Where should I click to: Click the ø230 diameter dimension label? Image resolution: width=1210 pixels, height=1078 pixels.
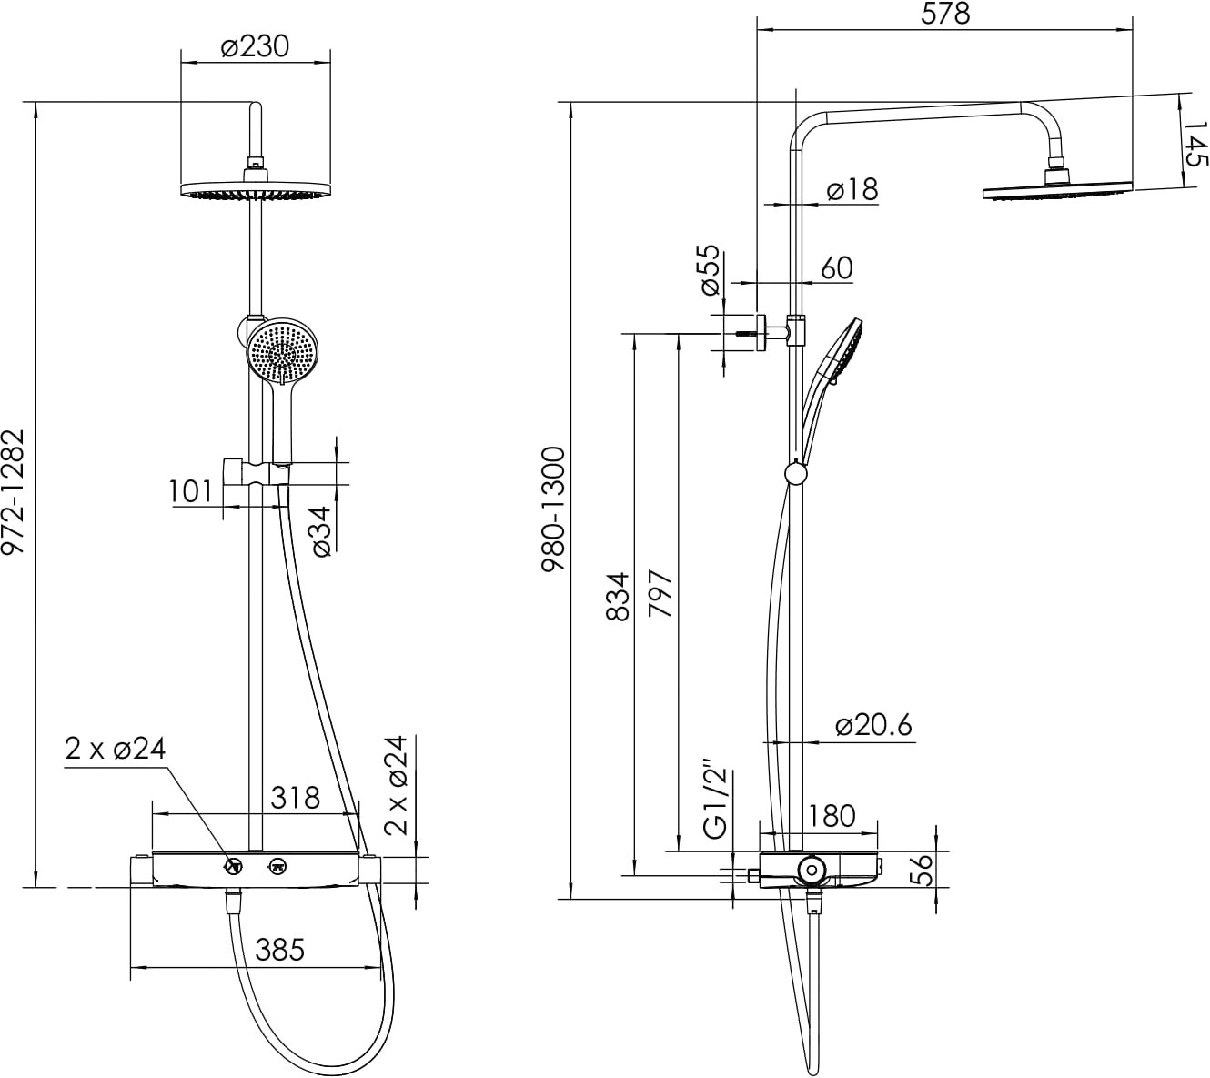255,46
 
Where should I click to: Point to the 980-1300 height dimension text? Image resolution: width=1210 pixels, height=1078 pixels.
553,509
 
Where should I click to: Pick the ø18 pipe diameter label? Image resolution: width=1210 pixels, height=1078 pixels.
852,190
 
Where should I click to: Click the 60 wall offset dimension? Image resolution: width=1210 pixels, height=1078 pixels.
837,268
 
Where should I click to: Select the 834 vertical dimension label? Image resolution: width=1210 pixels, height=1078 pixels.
618,597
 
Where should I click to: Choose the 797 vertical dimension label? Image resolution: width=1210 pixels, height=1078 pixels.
660,593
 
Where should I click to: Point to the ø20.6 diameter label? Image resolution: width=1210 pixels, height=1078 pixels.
873,726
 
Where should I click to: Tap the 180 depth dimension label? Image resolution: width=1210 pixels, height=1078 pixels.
831,816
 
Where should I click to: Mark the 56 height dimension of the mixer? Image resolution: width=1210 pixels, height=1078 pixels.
923,870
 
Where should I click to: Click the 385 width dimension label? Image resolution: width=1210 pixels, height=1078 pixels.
279,950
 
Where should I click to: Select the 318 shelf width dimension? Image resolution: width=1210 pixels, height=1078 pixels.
295,797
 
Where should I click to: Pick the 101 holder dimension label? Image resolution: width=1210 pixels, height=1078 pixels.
190,492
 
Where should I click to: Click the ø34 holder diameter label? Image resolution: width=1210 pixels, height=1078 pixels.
321,531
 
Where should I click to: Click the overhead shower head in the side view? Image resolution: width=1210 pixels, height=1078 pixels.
1057,192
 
